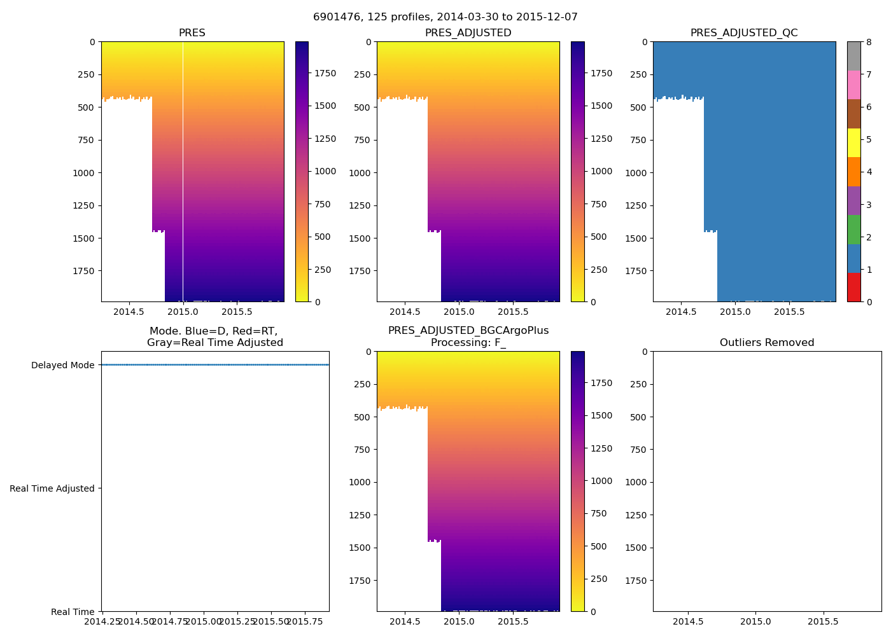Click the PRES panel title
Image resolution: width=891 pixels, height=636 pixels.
point(192,33)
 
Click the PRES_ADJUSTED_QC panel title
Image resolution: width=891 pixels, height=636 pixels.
point(744,33)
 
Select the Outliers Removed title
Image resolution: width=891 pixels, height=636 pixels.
point(767,343)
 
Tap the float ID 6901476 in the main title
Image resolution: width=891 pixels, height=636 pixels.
point(333,17)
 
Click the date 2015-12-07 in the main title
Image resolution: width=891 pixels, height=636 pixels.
point(551,17)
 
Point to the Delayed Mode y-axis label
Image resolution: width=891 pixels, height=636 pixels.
point(62,365)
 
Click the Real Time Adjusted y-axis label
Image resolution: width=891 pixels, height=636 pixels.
point(52,488)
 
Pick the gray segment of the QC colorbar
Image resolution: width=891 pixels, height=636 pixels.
point(853,56)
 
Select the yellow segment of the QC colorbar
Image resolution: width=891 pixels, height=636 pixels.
point(853,142)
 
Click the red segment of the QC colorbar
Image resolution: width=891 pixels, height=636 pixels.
point(853,287)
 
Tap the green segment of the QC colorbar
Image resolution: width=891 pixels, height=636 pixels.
point(853,229)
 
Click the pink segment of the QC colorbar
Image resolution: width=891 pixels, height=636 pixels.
point(853,85)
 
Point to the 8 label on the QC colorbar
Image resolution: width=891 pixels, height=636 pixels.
point(869,42)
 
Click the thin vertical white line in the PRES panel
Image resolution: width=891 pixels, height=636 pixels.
point(183,172)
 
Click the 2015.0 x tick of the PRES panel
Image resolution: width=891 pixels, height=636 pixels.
point(183,312)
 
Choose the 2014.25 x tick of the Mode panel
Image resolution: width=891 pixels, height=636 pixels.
point(102,621)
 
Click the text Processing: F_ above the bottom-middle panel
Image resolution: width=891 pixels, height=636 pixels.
point(468,343)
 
